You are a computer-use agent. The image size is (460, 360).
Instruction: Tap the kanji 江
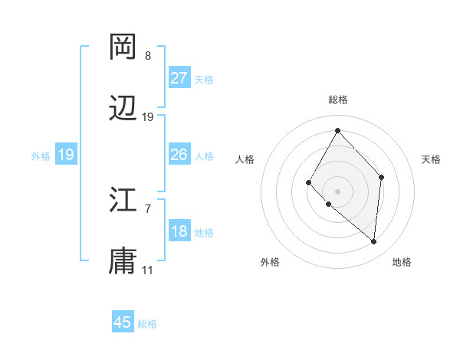[x=123, y=200]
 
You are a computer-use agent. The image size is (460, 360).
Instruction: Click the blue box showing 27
[x=179, y=77]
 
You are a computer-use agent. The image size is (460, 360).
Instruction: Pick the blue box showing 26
[x=179, y=155]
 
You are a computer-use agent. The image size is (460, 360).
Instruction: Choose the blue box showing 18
[x=179, y=231]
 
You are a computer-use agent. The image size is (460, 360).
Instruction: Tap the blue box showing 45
[x=123, y=322]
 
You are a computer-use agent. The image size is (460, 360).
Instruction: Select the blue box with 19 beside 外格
[x=66, y=155]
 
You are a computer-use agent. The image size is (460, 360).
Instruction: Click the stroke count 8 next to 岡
[x=148, y=56]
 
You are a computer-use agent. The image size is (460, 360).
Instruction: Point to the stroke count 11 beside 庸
[x=148, y=270]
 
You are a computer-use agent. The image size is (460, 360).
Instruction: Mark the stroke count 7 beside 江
[x=148, y=208]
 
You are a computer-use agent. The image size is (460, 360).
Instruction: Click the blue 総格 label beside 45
[x=147, y=324]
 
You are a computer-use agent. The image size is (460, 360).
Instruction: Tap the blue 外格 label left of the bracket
[x=41, y=155]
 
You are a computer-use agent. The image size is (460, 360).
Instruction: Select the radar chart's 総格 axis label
[x=337, y=100]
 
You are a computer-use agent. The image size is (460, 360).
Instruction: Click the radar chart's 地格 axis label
[x=402, y=262]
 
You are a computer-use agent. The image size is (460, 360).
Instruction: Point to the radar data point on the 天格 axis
[x=382, y=177]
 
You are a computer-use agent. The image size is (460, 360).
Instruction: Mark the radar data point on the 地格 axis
[x=373, y=241]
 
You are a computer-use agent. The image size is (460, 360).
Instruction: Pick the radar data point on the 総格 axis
[x=337, y=130]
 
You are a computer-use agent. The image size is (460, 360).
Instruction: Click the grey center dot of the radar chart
[x=337, y=191]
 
